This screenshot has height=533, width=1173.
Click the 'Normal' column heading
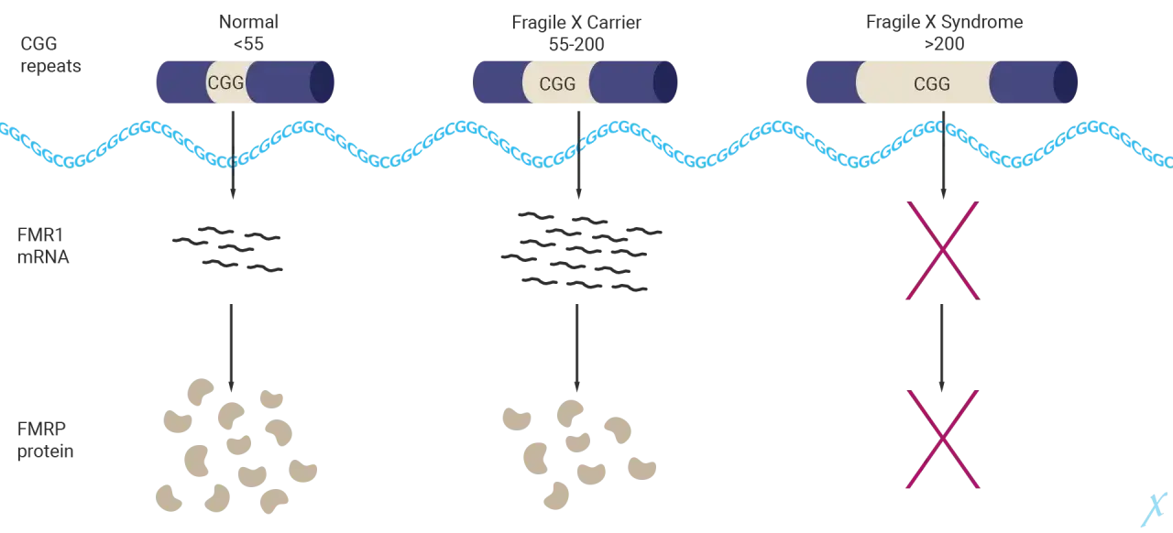[248, 22]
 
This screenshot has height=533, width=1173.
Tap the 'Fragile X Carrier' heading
[576, 23]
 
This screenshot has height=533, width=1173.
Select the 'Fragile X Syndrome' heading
[944, 22]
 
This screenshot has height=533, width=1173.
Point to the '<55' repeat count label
[248, 44]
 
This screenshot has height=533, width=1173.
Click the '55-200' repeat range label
[576, 45]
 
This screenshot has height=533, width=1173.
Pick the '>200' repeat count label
[944, 44]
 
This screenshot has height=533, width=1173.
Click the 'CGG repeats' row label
[50, 55]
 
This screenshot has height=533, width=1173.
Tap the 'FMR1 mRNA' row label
[43, 246]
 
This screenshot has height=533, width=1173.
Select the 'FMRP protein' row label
[45, 440]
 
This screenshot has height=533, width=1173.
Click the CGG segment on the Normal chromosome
[226, 82]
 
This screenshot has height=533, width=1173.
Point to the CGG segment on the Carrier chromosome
[557, 82]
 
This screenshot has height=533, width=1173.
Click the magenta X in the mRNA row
[943, 250]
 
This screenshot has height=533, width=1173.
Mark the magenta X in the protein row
[943, 439]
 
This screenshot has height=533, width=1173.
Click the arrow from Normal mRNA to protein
[232, 348]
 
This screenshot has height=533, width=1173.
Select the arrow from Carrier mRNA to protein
[577, 348]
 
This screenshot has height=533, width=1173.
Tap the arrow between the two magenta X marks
[942, 348]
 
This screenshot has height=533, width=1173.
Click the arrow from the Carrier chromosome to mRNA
[578, 155]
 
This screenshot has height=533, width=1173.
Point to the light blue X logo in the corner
[1154, 509]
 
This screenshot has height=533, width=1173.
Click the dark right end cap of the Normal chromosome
[322, 82]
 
